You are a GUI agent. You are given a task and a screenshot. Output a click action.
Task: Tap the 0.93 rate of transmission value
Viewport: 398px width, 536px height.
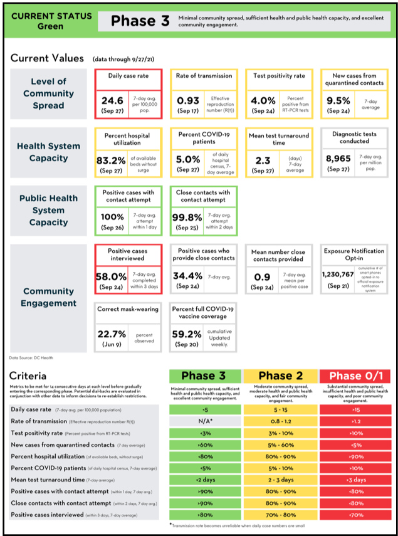[188, 100]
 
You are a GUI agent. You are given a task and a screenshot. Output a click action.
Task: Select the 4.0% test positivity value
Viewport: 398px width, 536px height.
[263, 100]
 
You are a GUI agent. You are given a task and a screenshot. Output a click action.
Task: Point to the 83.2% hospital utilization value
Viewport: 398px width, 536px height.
[111, 160]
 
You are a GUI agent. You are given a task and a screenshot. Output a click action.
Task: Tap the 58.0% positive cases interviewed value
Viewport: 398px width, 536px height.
[111, 275]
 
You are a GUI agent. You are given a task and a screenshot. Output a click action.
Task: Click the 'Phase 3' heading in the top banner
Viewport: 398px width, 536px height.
[140, 21]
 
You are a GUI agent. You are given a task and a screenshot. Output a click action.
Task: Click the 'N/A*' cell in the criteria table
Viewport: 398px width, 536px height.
[206, 421]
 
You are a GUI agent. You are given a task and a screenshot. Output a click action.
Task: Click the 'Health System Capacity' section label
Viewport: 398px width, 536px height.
[48, 152]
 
